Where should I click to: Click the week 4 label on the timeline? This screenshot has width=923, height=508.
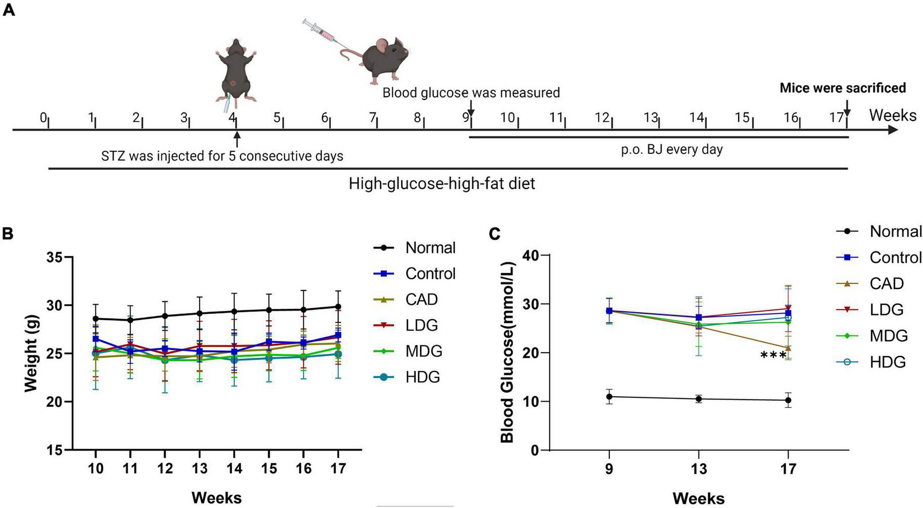coord(232,117)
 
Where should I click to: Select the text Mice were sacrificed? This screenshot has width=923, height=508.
coord(842,88)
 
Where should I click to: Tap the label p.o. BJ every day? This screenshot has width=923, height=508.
coord(671,150)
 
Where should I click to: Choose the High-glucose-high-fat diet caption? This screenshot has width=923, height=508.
coord(442,184)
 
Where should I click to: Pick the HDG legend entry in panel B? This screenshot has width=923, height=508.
coord(422,377)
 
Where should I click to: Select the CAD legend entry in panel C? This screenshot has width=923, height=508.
coord(886,283)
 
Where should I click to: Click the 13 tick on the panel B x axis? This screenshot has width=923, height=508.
coord(199,468)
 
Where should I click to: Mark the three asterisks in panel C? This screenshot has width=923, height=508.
coord(773,356)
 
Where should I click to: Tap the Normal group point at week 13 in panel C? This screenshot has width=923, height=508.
coord(699,399)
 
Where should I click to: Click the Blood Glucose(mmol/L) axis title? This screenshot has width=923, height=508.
coord(507,353)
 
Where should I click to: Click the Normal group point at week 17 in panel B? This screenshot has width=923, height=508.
coord(338,307)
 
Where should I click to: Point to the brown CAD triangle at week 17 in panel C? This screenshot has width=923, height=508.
coord(788,348)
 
